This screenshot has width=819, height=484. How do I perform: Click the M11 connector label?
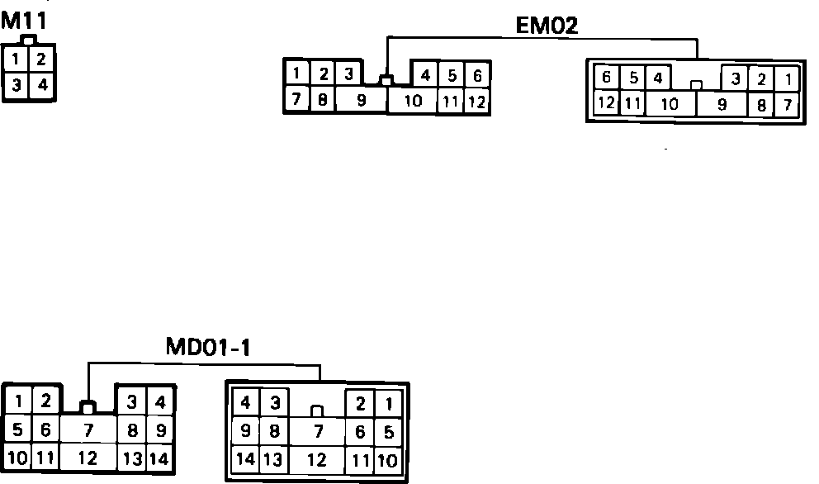pyautogui.click(x=22, y=21)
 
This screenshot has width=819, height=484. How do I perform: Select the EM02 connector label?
pyautogui.click(x=547, y=25)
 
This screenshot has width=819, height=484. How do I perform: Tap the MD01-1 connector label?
pyautogui.click(x=207, y=348)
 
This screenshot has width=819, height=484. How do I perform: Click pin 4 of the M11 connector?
pyautogui.click(x=42, y=84)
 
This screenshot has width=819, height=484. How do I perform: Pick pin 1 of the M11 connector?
pyautogui.click(x=16, y=59)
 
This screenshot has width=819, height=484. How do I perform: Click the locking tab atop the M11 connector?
pyautogui.click(x=29, y=40)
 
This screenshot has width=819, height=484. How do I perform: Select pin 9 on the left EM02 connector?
pyautogui.click(x=361, y=101)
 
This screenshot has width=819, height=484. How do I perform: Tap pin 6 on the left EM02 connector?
pyautogui.click(x=476, y=76)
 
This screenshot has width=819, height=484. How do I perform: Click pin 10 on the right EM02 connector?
pyautogui.click(x=670, y=104)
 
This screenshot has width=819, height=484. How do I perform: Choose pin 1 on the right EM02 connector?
pyautogui.click(x=788, y=79)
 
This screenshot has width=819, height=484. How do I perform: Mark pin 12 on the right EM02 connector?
pyautogui.click(x=607, y=104)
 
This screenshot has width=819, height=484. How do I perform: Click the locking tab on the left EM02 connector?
pyautogui.click(x=386, y=81)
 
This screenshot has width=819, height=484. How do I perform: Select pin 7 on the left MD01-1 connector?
pyautogui.click(x=88, y=430)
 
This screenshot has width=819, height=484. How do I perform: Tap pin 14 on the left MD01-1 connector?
pyautogui.click(x=161, y=458)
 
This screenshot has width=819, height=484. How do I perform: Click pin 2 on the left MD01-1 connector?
pyautogui.click(x=46, y=402)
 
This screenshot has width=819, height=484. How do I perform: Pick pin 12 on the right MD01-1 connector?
pyautogui.click(x=317, y=460)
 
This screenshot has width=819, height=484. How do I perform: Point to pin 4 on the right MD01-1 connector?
pyautogui.click(x=245, y=404)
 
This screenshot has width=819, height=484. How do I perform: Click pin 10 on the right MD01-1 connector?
pyautogui.click(x=388, y=460)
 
